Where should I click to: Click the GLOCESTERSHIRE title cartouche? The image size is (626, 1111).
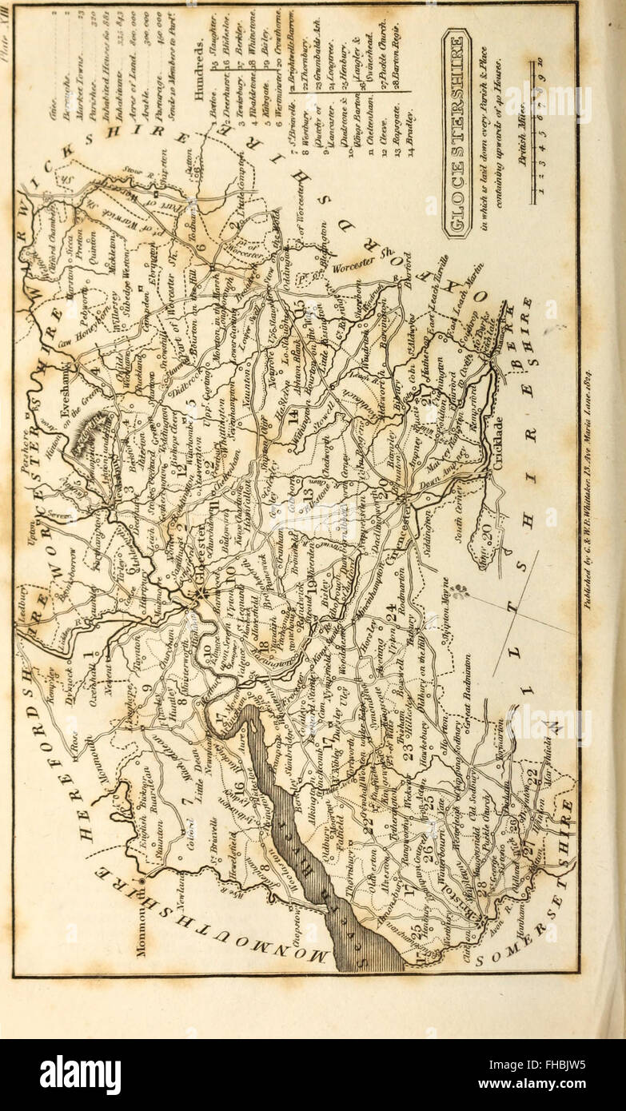[x=457, y=134]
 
